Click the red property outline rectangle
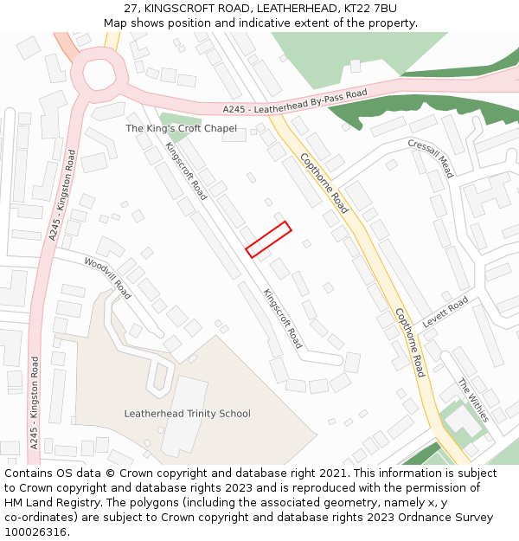click(268, 240)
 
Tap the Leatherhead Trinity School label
click(187, 414)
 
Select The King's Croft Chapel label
click(181, 128)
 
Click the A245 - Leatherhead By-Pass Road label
click(295, 101)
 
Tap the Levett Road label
click(445, 312)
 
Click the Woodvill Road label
click(108, 278)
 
